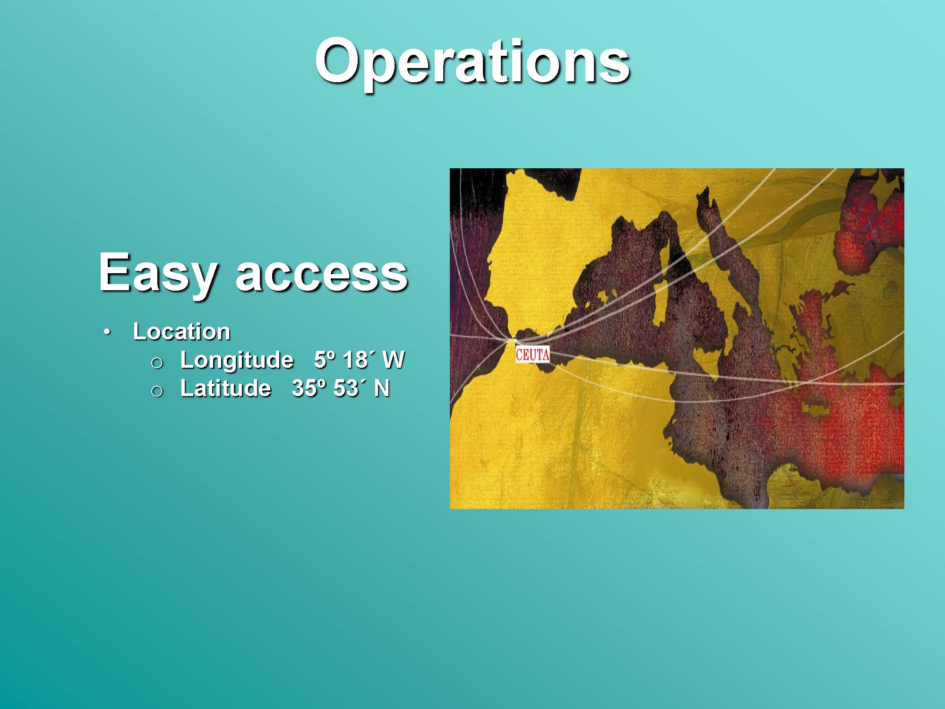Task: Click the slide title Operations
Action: point(472,62)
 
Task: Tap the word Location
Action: point(181,331)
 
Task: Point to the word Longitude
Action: point(237,360)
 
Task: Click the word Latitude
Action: point(226,389)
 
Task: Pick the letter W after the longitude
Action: point(393,360)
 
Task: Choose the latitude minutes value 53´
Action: point(350,389)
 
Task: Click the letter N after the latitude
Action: point(382,389)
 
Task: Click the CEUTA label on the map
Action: point(533,354)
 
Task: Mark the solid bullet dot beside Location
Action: point(108,332)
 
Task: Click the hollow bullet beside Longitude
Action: point(157,363)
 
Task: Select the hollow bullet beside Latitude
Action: point(157,391)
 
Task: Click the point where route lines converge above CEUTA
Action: point(511,340)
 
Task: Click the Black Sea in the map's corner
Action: point(869,227)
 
